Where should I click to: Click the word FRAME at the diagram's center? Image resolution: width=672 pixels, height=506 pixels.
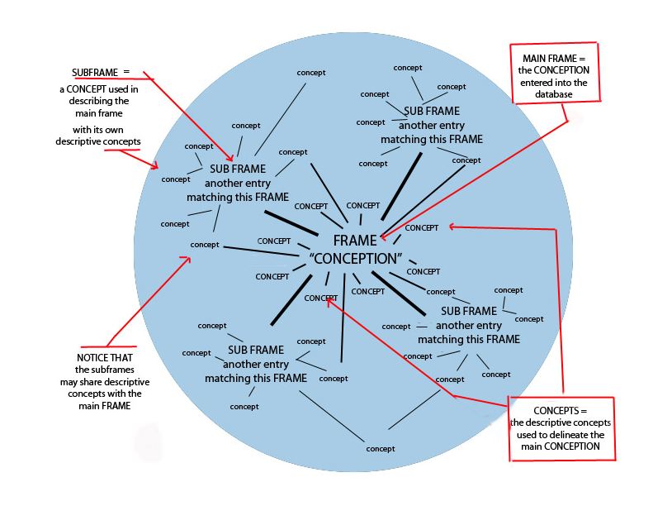point(355,241)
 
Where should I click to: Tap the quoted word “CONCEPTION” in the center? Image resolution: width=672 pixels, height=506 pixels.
point(356,259)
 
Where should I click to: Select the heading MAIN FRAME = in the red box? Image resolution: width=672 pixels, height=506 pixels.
point(554,59)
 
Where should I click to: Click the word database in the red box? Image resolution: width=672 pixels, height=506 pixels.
point(554,94)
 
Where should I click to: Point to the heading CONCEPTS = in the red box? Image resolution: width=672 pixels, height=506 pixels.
point(561,411)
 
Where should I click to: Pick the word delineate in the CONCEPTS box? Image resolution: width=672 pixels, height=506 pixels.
point(567,435)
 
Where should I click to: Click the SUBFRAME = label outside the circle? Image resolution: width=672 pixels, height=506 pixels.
point(101,73)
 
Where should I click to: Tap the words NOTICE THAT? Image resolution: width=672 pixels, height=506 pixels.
point(105,357)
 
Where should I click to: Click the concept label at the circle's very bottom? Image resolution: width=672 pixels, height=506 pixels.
point(380,449)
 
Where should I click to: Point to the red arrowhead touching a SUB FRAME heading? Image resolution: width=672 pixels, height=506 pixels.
point(230,158)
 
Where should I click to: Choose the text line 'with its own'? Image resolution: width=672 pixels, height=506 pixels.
point(97,130)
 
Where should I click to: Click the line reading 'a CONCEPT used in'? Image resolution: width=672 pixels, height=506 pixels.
point(99,89)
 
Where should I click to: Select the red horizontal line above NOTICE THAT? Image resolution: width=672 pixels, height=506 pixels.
point(108,346)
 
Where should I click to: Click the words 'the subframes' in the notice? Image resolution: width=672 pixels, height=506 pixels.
point(105,370)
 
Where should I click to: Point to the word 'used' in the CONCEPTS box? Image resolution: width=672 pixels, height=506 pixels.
point(526,435)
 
